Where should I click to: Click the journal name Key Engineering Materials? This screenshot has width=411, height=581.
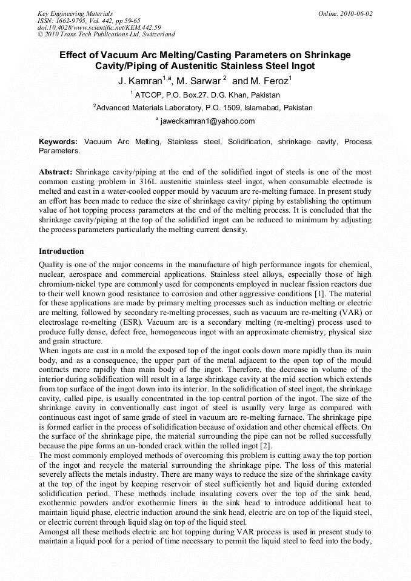(75, 13)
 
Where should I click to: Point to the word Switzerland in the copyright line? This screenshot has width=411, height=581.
(157, 35)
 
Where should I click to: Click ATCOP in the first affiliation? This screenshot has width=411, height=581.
(148, 95)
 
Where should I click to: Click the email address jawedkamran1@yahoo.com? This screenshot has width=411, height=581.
(207, 121)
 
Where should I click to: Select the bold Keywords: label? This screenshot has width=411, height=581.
(59, 142)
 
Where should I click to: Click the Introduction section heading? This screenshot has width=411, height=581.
(61, 251)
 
